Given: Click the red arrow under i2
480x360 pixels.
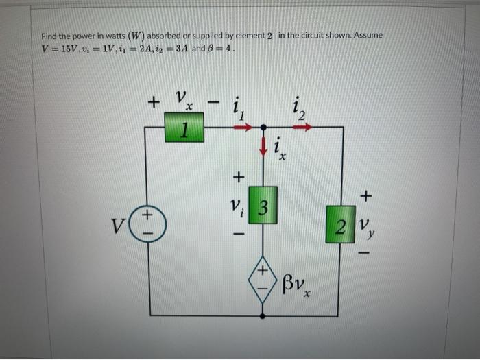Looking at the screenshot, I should tap(302, 127).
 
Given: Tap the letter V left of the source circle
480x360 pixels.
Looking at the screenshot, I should tap(116, 224).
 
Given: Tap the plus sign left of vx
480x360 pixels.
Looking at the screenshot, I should tap(154, 103).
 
